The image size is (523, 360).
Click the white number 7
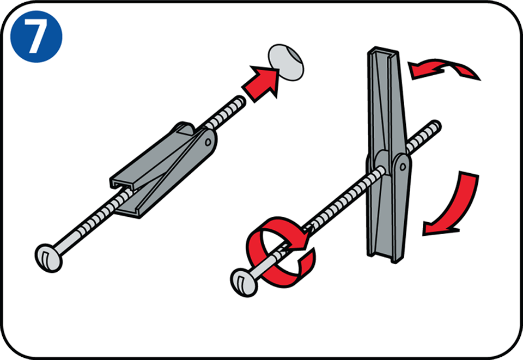(x=36, y=36)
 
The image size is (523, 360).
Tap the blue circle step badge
(x=36, y=36)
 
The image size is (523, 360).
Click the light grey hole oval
(x=286, y=62)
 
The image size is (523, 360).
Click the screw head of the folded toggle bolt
(x=48, y=258)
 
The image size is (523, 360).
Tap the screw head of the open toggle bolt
(x=244, y=282)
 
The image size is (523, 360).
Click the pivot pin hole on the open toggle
(x=403, y=166)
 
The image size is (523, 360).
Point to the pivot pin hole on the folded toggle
(x=208, y=142)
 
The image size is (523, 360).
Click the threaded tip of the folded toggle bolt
(x=240, y=101)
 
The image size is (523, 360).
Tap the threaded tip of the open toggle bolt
(x=435, y=126)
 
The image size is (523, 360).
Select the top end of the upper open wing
(x=383, y=51)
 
